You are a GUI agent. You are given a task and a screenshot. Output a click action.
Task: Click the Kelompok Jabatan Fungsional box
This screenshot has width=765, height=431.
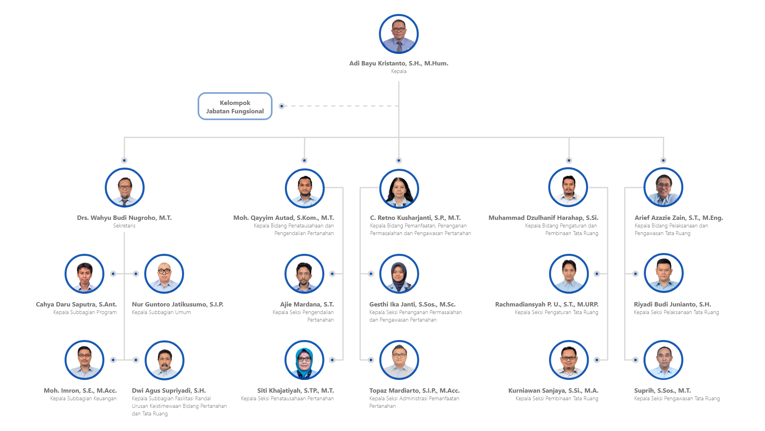click(235, 106)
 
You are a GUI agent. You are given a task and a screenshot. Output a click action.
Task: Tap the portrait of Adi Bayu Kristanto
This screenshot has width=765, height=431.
click(399, 34)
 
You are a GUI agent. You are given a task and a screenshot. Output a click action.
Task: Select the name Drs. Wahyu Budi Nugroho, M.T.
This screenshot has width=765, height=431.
click(124, 218)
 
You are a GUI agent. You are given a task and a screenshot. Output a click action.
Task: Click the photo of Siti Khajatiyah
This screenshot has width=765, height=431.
click(304, 360)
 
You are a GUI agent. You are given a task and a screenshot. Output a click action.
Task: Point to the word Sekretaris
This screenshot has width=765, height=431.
click(124, 226)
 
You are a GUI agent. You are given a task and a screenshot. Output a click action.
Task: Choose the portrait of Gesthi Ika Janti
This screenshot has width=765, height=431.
click(399, 274)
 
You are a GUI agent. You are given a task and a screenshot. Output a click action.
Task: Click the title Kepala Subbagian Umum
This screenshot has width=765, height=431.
click(161, 312)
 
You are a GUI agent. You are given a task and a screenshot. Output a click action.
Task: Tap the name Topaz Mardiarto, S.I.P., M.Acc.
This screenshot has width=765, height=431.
click(414, 391)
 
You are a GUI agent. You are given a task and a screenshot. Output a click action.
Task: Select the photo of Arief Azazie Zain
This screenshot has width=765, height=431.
click(663, 188)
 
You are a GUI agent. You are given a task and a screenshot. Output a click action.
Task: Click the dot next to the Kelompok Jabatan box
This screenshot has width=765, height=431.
click(282, 106)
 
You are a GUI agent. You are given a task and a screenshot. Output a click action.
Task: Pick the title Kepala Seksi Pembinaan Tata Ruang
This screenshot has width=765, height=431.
click(557, 399)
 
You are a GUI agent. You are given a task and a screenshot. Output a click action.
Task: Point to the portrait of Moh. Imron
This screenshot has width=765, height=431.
click(84, 360)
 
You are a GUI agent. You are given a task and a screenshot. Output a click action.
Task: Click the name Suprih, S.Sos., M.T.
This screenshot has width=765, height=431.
click(663, 391)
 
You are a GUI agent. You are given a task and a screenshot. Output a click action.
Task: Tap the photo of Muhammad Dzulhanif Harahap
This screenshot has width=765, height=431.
click(568, 188)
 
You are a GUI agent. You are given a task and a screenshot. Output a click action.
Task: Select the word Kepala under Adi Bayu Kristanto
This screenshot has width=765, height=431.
click(399, 71)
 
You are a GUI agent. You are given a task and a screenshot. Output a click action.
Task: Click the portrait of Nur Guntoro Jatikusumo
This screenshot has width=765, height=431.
click(164, 274)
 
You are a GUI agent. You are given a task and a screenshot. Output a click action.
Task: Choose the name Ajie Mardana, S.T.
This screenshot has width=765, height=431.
click(307, 304)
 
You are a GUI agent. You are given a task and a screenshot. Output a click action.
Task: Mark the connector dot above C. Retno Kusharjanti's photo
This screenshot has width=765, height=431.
click(399, 160)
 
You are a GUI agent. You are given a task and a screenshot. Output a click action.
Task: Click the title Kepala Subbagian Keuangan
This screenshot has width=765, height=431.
click(84, 399)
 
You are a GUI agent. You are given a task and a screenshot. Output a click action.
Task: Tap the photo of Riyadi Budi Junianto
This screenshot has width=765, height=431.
click(664, 274)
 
